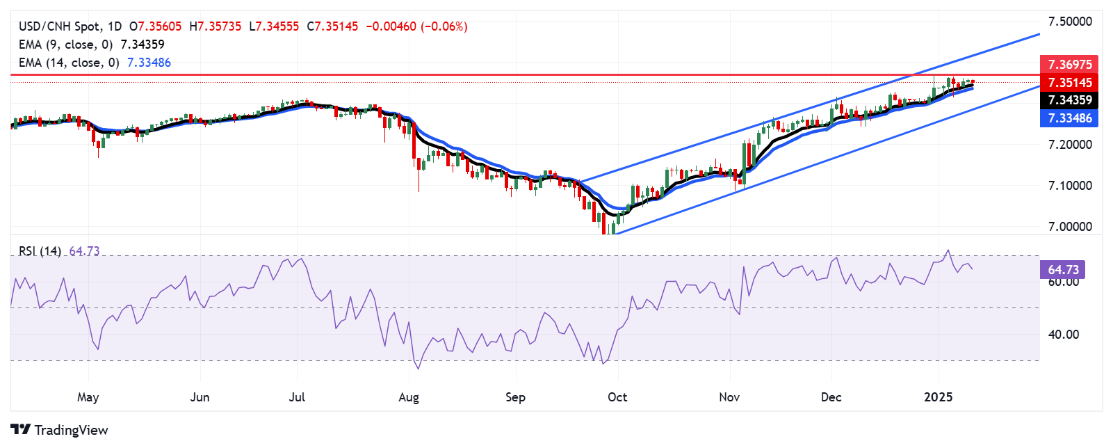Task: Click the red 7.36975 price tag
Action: [1069, 64]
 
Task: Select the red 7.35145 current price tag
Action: [1069, 82]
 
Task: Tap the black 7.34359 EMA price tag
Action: [1069, 100]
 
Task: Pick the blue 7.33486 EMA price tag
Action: [1069, 118]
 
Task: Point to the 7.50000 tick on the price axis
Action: [1069, 22]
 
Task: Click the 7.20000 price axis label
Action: [1069, 145]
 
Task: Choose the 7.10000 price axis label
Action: [1069, 186]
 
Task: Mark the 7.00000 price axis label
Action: [1069, 227]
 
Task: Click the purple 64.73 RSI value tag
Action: [1062, 269]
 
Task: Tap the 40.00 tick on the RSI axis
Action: [1064, 335]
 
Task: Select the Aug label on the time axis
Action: [409, 397]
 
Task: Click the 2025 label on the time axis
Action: [938, 397]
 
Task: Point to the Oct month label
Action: [617, 397]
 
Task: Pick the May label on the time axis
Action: [88, 397]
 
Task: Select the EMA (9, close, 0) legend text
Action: [65, 45]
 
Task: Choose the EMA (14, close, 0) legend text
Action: [69, 63]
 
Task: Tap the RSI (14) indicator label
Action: [40, 251]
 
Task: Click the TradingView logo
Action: [60, 430]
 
